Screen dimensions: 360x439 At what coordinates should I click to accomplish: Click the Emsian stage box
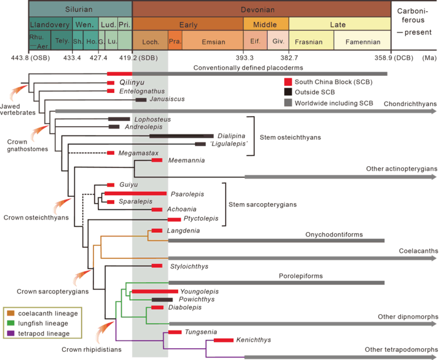pos(213,42)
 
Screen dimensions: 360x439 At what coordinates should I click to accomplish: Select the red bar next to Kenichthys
pos(223,340)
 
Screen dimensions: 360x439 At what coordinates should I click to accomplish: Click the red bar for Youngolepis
pos(154,292)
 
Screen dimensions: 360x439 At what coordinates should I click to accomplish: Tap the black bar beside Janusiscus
pos(141,100)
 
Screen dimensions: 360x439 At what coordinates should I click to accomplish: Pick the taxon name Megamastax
pos(135,153)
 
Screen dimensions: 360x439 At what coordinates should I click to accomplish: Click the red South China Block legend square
pos(288,81)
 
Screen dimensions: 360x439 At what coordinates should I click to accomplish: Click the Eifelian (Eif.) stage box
pos(255,42)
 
